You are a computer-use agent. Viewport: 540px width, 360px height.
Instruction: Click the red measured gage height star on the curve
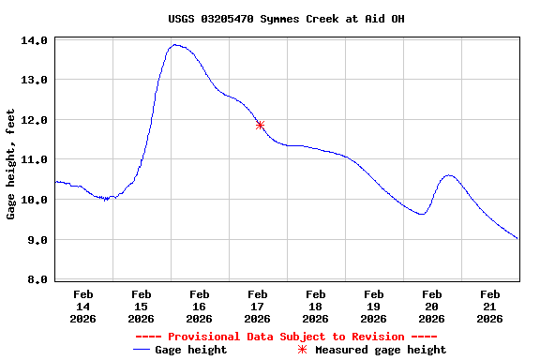pyautogui.click(x=260, y=125)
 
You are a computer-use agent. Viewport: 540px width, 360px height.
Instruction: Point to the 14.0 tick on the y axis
pyautogui.click(x=35, y=41)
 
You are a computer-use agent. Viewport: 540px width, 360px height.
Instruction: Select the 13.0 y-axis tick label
pyautogui.click(x=35, y=81)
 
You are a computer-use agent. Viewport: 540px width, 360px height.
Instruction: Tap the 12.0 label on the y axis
pyautogui.click(x=35, y=121)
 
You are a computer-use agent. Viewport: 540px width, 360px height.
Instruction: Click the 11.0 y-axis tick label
pyautogui.click(x=35, y=160)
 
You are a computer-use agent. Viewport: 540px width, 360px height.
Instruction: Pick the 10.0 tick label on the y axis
pyautogui.click(x=35, y=201)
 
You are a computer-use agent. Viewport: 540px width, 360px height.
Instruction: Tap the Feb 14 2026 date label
pyautogui.click(x=83, y=307)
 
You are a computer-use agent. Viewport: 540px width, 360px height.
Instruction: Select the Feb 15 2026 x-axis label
pyautogui.click(x=142, y=307)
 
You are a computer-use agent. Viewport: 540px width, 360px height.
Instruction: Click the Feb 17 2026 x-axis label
pyautogui.click(x=258, y=307)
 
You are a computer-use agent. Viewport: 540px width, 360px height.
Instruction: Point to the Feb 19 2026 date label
pyautogui.click(x=373, y=307)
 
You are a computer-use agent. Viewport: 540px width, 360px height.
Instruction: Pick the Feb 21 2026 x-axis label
pyautogui.click(x=489, y=307)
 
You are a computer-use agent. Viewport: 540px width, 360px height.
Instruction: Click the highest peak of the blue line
pyautogui.click(x=174, y=45)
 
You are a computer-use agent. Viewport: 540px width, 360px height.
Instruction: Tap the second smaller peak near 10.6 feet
pyautogui.click(x=449, y=175)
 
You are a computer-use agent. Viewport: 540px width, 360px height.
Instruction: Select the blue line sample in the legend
pyautogui.click(x=142, y=350)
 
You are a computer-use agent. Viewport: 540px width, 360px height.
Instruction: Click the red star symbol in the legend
pyautogui.click(x=302, y=350)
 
